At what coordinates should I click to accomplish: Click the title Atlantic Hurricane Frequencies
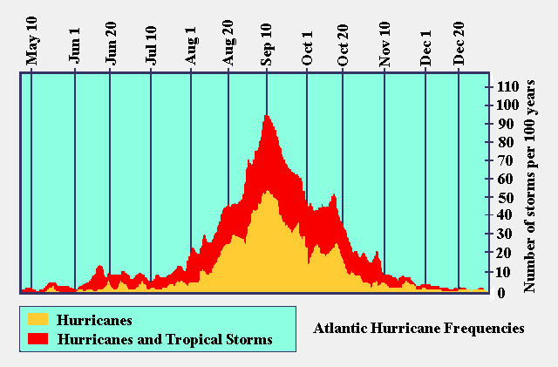(418, 329)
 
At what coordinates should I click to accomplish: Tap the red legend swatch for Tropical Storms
(37, 337)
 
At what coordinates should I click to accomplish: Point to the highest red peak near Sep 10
(266, 116)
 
